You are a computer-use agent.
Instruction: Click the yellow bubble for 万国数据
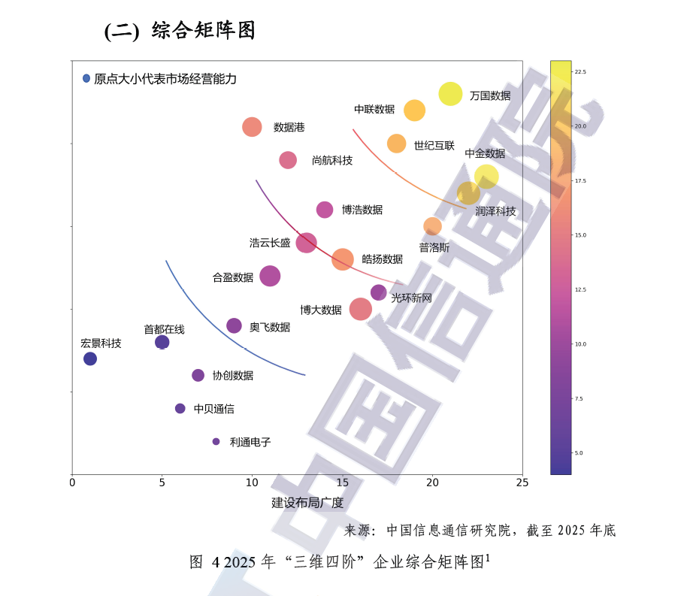450,94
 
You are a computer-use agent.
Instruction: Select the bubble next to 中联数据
414,110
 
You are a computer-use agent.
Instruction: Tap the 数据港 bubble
252,127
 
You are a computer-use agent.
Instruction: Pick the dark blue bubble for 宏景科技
90,359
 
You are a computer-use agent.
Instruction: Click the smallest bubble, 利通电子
216,441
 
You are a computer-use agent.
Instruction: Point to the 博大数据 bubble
360,309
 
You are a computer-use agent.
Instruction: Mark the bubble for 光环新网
378,292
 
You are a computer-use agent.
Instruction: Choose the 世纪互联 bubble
396,144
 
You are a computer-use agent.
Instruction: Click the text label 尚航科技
332,160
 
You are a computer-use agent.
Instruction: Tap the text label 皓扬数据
383,259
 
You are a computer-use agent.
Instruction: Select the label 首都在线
164,329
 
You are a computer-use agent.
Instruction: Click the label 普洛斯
434,247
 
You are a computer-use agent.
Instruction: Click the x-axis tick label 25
522,483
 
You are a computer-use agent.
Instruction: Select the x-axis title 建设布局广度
307,502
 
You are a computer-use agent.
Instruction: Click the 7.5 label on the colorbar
579,398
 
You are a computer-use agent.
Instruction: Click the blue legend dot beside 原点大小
86,78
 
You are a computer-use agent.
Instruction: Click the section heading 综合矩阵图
203,30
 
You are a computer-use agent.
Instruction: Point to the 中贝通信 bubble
180,409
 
